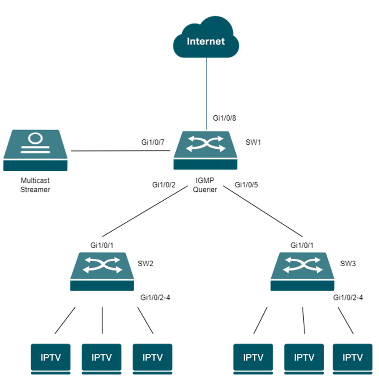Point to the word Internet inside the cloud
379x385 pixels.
click(x=206, y=42)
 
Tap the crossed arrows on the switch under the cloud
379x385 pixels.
click(x=205, y=144)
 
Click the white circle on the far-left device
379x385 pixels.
click(x=35, y=138)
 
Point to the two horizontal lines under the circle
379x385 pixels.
click(x=35, y=150)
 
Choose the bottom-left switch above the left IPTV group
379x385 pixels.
click(x=102, y=272)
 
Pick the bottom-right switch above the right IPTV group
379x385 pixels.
click(x=302, y=272)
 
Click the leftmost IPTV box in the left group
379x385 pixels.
click(x=50, y=357)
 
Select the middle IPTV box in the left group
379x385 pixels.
click(x=102, y=357)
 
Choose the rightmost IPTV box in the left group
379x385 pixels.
click(x=152, y=357)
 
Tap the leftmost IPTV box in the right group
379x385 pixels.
click(x=253, y=357)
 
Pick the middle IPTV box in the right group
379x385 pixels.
click(x=304, y=357)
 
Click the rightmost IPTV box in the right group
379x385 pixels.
click(x=352, y=357)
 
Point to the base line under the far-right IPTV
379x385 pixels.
click(x=352, y=374)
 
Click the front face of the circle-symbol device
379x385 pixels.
click(x=35, y=166)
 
